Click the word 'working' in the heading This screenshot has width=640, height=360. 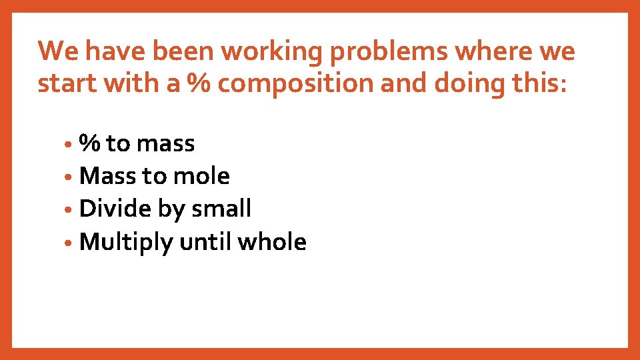tap(259, 51)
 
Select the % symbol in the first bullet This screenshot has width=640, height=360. tap(90, 143)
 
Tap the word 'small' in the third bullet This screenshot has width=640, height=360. tap(221, 209)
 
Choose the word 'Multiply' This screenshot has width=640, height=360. tap(126, 242)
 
